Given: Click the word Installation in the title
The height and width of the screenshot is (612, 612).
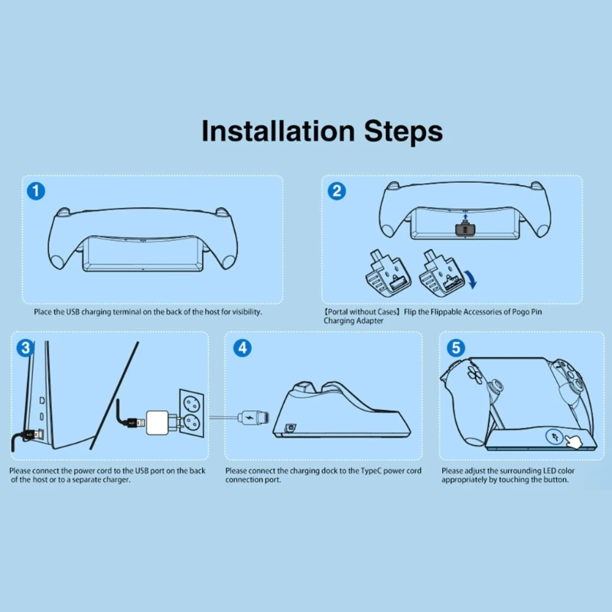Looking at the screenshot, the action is (278, 131).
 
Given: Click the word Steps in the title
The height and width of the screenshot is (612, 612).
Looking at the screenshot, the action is (403, 132).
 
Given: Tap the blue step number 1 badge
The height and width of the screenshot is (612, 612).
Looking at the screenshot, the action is (36, 191).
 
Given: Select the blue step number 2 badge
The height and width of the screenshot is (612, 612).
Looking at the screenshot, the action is (337, 191).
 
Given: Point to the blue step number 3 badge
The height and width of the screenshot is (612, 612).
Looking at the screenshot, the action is (25, 348).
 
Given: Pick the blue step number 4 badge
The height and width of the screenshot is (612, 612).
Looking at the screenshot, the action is (243, 348).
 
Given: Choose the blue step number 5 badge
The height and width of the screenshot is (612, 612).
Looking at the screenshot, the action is (456, 348).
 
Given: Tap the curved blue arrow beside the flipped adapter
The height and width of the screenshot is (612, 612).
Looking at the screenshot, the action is (472, 279).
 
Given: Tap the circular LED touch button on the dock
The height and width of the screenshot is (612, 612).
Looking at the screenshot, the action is (555, 437).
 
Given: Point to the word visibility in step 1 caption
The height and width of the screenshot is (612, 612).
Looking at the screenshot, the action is (247, 312).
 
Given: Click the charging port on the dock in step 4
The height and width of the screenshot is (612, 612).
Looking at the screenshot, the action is (291, 428).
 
